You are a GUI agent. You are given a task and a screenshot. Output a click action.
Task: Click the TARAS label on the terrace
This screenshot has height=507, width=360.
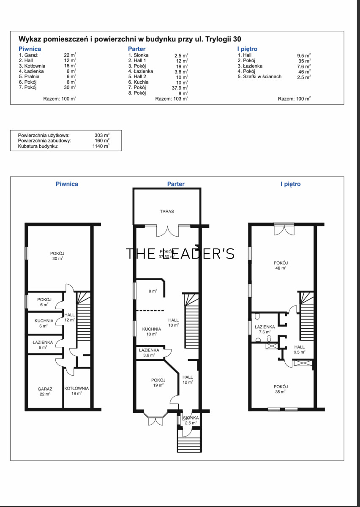pos(167,211)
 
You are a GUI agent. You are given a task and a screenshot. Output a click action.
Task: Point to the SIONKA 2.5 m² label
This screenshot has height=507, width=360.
pos(191,420)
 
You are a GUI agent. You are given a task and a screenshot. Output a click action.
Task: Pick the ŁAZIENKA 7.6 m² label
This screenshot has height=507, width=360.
pos(265,329)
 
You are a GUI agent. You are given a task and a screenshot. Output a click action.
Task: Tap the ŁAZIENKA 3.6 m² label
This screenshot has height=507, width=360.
pos(149,353)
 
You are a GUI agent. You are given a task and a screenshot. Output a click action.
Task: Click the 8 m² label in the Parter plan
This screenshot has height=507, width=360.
pos(153,291)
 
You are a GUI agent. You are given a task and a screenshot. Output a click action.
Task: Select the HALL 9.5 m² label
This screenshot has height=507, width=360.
pos(299,349)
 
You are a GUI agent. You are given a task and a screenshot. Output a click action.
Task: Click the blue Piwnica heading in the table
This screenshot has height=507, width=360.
pos(30,49)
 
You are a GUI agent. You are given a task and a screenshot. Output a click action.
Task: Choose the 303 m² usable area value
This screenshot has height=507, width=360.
pos(102,135)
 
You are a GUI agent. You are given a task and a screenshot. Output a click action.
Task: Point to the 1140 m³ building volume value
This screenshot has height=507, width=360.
pos(101,146)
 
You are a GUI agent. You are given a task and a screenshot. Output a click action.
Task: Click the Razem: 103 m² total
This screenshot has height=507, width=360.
pos(172,99)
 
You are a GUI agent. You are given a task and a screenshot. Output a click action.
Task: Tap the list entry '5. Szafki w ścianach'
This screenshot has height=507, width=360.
pos(259,76)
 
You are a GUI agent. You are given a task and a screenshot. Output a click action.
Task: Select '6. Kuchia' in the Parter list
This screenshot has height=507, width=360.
pos(138,82)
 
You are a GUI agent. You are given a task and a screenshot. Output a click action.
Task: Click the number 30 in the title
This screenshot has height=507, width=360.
pos(237,39)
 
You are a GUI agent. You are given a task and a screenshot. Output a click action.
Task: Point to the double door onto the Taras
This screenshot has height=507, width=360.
pos(167,231)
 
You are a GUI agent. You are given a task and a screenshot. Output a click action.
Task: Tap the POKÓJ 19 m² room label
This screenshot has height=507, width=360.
pos(158,382)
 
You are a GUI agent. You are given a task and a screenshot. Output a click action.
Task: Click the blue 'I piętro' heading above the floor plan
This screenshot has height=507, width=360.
pos(290,184)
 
